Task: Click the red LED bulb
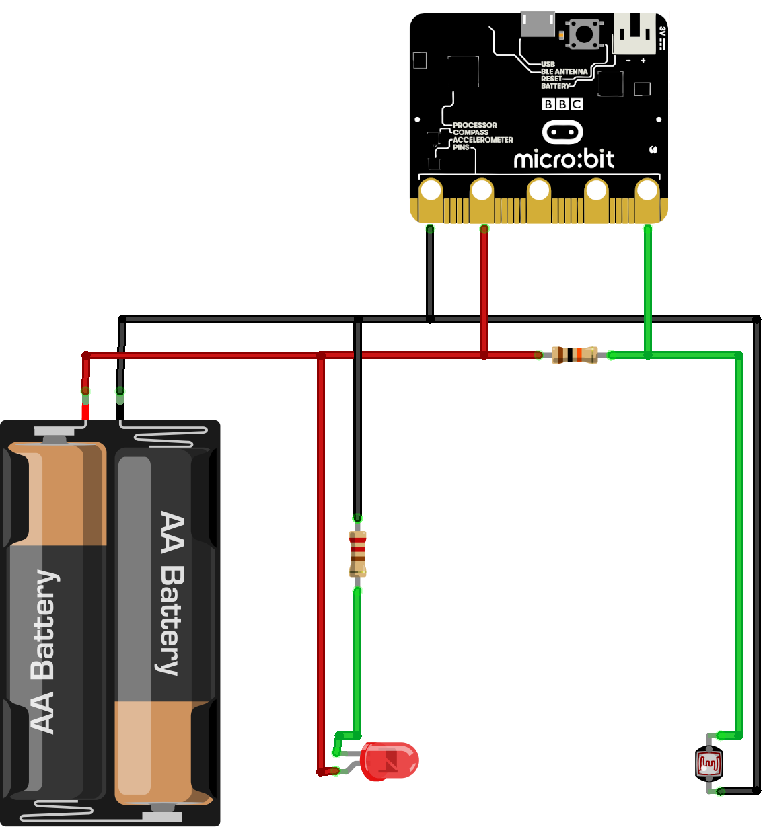tap(390, 761)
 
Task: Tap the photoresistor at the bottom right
tap(708, 764)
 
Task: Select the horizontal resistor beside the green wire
tap(574, 355)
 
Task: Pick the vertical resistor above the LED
tap(357, 554)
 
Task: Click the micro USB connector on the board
tap(538, 24)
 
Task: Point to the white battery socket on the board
tap(634, 34)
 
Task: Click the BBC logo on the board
tap(562, 104)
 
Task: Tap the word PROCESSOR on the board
tap(475, 125)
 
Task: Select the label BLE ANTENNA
tap(564, 71)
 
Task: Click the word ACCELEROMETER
tap(483, 140)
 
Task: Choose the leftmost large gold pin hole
tap(430, 190)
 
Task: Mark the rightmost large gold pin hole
tap(647, 190)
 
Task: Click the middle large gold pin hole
tap(539, 190)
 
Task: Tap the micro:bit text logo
tap(564, 159)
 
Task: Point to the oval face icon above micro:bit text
tap(562, 132)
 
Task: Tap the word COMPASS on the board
tap(470, 132)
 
